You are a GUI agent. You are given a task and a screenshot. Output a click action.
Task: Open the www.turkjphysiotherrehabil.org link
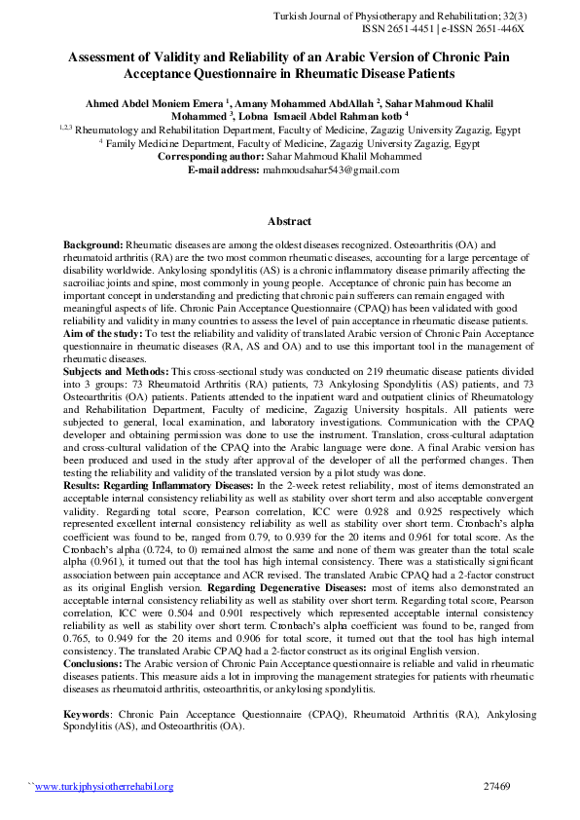104,787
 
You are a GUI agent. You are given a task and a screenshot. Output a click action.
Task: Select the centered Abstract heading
289,220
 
